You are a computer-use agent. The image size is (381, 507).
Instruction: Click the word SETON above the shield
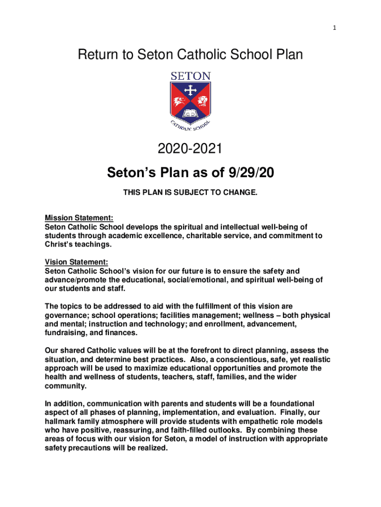(190, 76)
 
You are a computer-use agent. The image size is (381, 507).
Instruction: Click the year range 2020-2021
(190, 148)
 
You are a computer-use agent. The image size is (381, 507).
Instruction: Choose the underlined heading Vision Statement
(76, 262)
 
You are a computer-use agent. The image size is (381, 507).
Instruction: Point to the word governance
(66, 315)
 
